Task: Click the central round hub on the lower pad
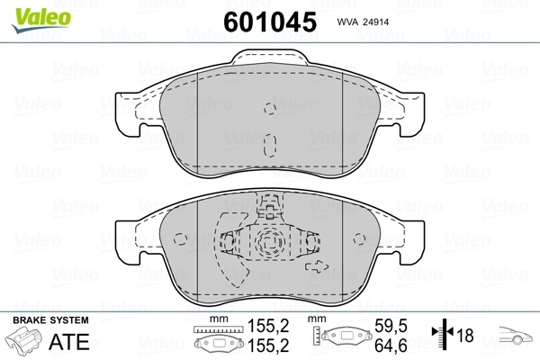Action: [266, 243]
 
